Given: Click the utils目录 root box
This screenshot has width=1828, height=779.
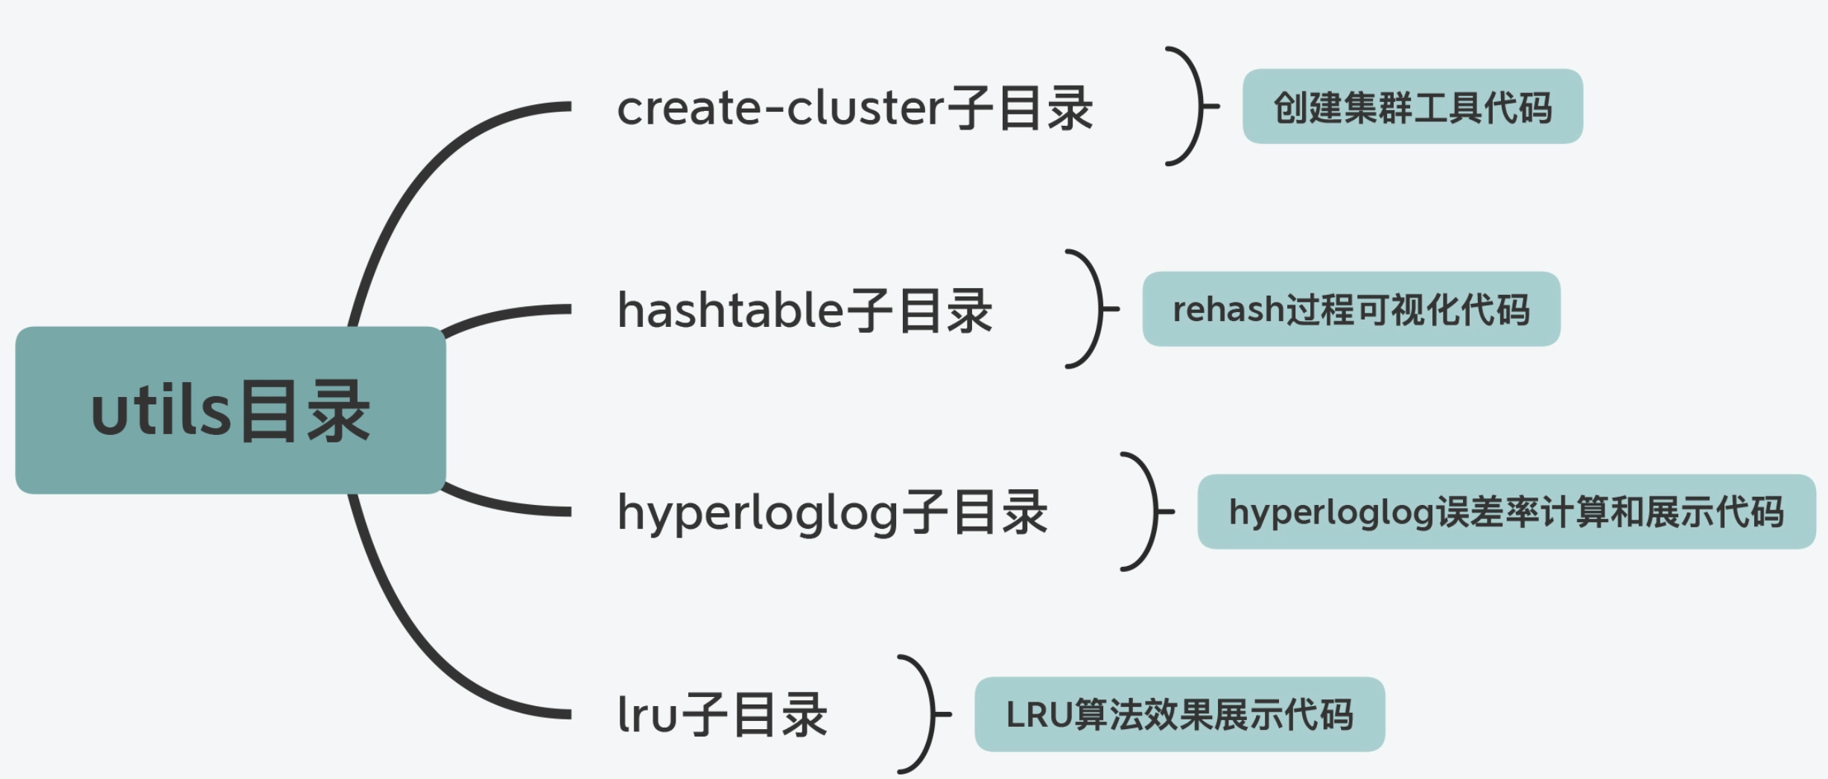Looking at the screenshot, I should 230,410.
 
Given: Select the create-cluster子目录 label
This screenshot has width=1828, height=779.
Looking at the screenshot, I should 854,108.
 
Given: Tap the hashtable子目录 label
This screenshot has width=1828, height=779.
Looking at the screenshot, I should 804,310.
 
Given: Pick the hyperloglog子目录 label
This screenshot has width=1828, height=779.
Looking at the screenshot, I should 832,512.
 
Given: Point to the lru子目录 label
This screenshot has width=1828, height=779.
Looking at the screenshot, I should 722,714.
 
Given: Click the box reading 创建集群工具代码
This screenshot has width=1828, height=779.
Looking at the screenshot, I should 1412,106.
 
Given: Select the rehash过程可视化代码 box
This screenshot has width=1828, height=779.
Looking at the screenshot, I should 1351,309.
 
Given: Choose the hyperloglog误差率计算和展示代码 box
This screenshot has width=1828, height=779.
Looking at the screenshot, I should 1505,512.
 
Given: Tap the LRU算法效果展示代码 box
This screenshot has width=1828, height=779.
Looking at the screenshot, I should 1179,714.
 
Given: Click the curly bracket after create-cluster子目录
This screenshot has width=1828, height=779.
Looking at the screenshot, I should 1193,106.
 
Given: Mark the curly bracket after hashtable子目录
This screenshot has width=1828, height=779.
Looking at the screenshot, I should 1093,309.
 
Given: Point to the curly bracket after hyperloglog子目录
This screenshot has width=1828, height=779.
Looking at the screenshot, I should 1148,512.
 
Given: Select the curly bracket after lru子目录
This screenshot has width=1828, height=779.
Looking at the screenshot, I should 924,714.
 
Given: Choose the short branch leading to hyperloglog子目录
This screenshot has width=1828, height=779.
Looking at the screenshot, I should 507,506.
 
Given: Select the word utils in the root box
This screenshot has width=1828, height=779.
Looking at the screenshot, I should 160,412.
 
